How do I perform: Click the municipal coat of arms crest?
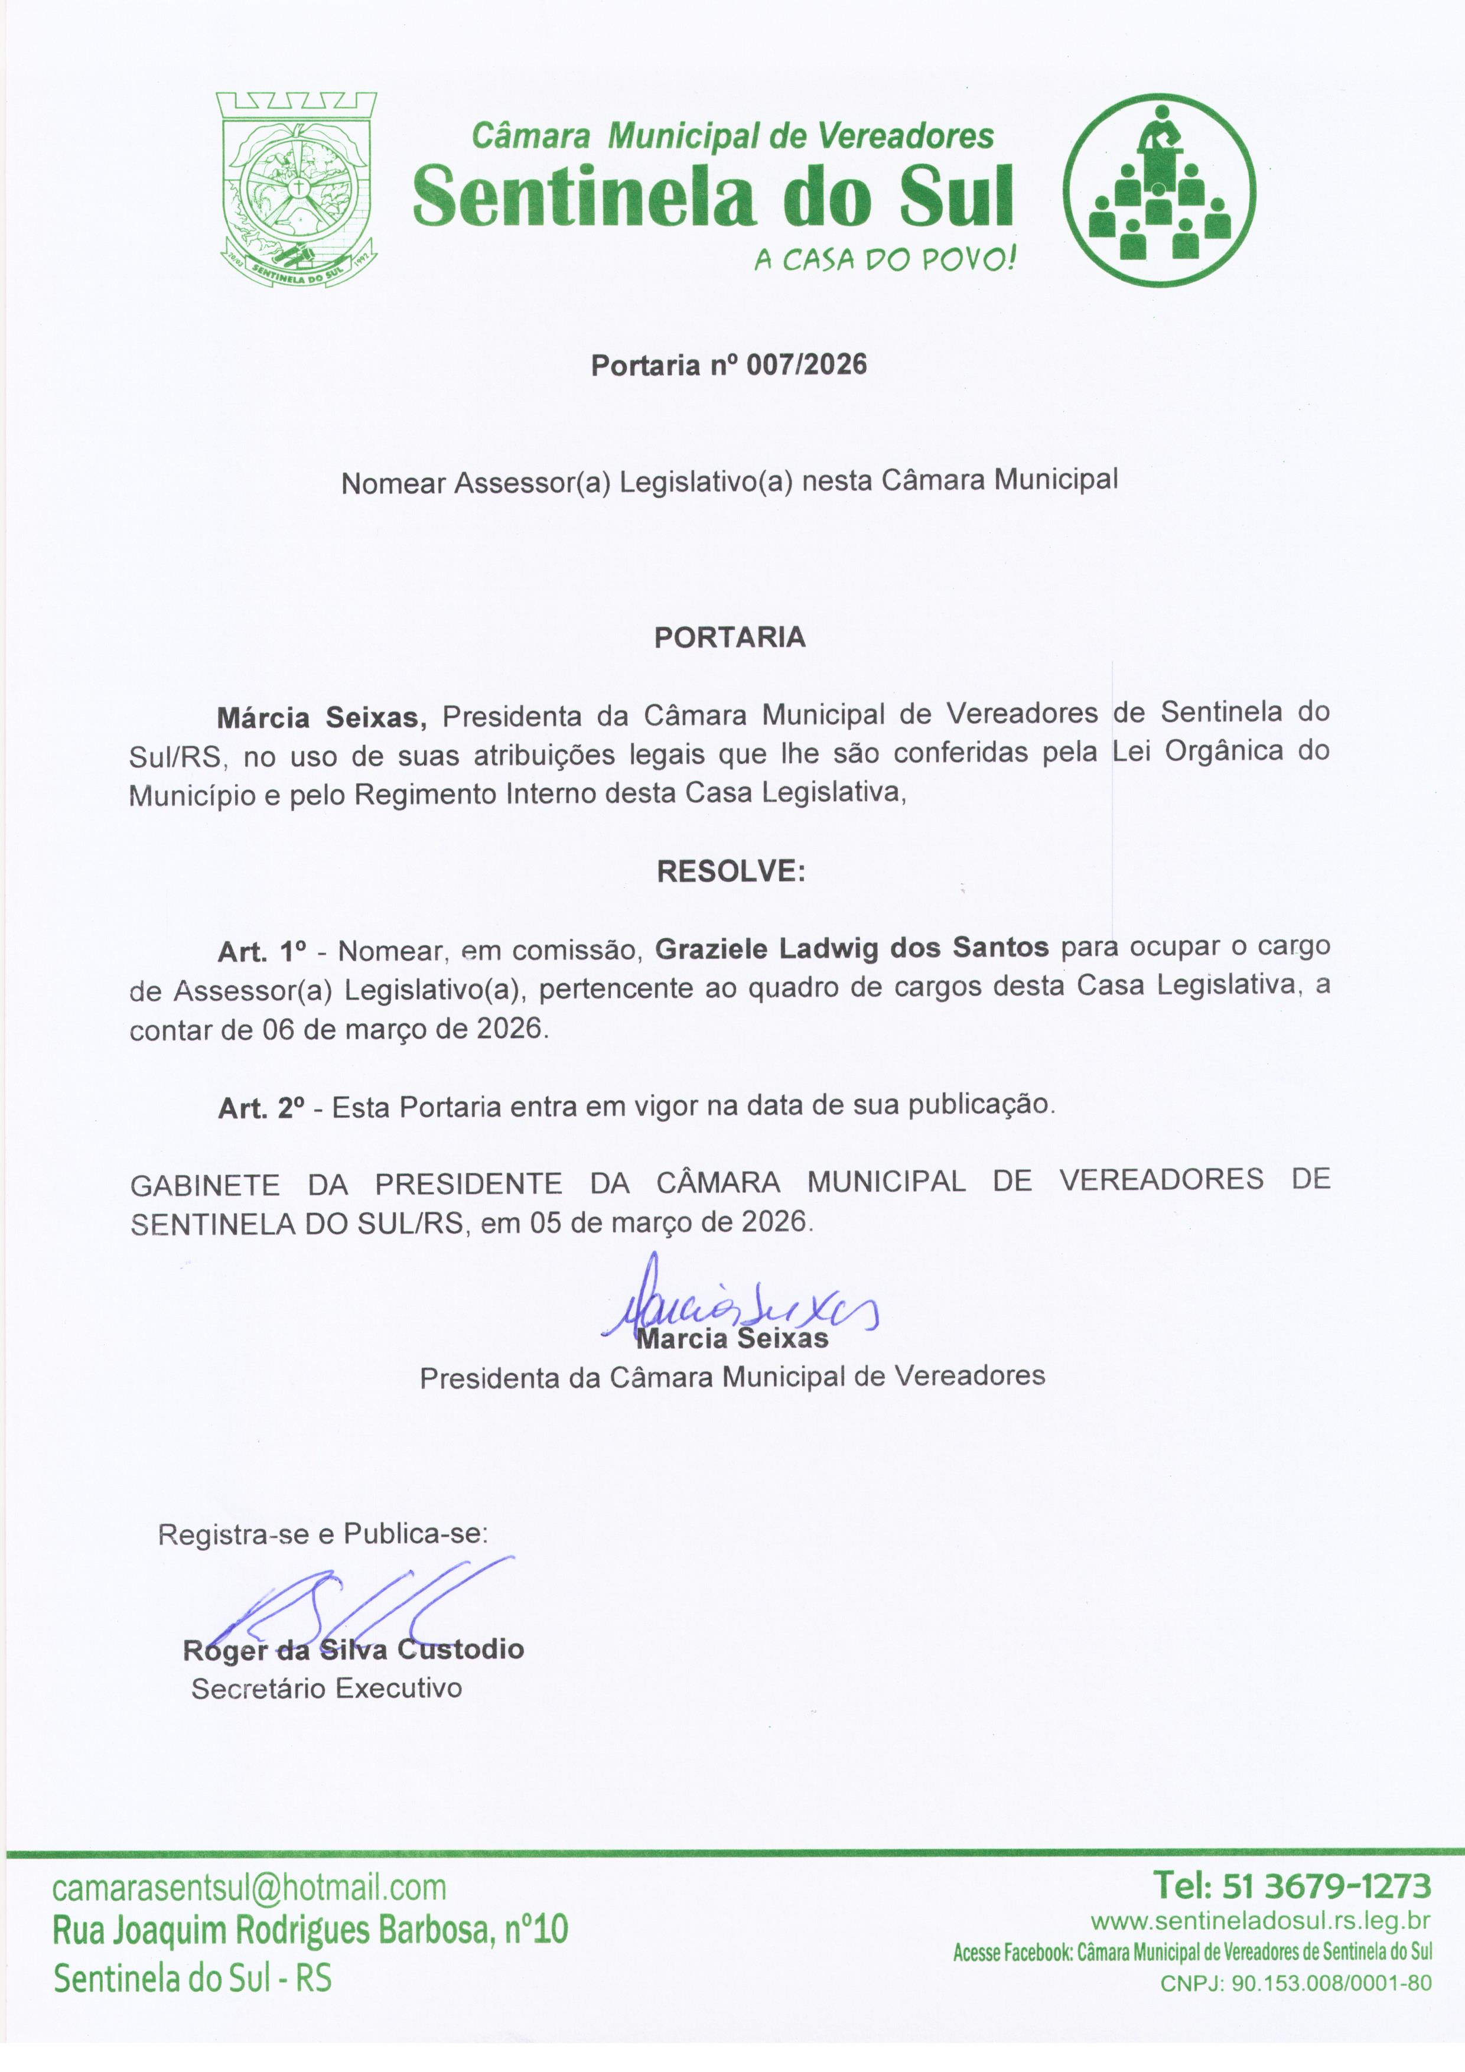pos(298,190)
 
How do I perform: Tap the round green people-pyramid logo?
pos(1159,190)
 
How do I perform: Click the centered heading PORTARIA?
pos(730,638)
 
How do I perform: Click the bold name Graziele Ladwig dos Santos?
pos(852,948)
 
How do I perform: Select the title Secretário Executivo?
pos(327,1689)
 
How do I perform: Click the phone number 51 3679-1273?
pos(1326,1886)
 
